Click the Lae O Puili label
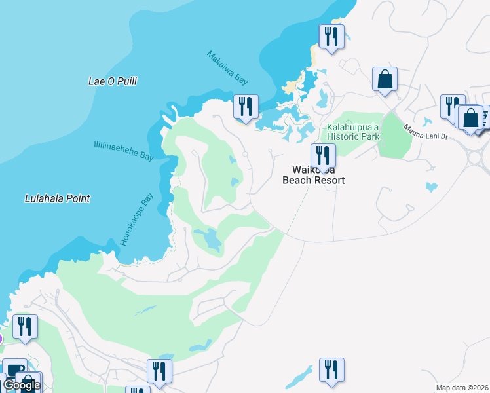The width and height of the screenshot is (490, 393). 117,81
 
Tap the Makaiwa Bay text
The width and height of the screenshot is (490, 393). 228,68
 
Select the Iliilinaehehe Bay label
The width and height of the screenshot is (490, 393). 123,151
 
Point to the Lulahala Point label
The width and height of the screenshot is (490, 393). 57,198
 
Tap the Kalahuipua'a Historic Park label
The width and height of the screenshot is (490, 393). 353,132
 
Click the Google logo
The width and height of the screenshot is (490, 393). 21,385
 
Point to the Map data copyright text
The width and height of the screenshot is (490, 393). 462,388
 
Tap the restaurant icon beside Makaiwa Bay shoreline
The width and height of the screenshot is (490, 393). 246,106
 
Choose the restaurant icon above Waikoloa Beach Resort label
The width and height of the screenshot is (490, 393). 323,156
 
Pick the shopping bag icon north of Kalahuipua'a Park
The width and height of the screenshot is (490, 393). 385,79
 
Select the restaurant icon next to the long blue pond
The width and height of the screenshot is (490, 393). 331,369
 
